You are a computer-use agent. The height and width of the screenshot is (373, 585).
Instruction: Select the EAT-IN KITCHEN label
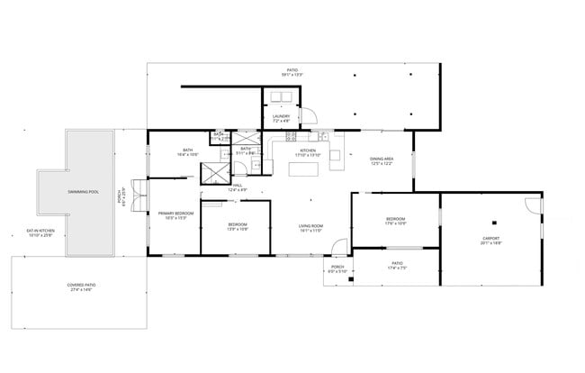[x=40, y=233]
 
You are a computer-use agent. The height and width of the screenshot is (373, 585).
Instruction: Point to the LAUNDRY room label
[x=281, y=116]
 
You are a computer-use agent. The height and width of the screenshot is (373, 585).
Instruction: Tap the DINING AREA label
[x=382, y=159]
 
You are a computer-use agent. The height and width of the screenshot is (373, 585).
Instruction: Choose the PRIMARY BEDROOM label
[x=173, y=214]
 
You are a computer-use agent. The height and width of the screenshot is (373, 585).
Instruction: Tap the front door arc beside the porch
[x=337, y=244]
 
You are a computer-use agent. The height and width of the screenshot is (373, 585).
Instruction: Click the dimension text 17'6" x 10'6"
[x=396, y=223]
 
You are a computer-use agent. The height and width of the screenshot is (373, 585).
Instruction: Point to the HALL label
[x=238, y=186]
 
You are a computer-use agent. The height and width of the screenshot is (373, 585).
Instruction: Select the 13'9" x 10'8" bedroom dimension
[x=238, y=228]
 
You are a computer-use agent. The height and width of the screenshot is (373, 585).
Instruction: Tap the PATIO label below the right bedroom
[x=397, y=264]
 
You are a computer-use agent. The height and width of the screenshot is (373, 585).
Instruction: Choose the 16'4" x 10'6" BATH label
[x=187, y=152]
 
